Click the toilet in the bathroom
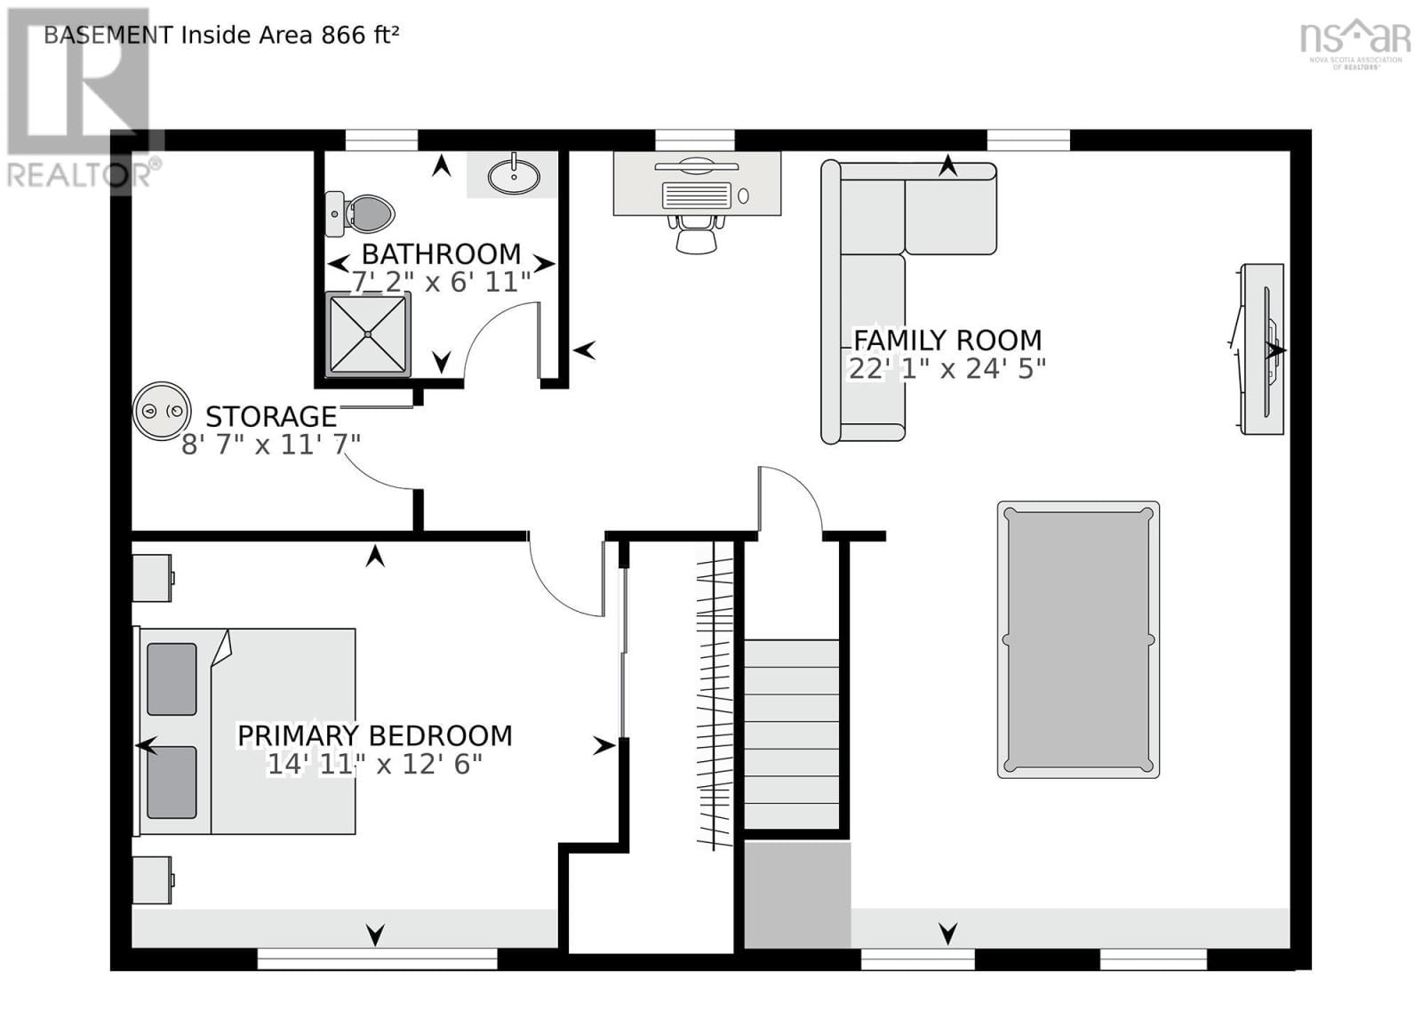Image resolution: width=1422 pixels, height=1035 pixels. (x=362, y=214)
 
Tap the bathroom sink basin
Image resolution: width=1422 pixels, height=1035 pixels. (x=514, y=176)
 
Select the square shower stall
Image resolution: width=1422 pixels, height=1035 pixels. (x=368, y=333)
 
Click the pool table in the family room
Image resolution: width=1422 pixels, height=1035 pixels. (x=1078, y=639)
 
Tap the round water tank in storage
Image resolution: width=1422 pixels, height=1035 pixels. (x=162, y=411)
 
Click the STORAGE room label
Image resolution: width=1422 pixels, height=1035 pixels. (x=271, y=416)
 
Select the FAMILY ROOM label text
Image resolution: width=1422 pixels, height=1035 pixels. (x=947, y=340)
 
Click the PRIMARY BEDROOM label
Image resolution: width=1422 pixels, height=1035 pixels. (x=374, y=735)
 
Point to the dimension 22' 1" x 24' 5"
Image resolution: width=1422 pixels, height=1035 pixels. (x=947, y=368)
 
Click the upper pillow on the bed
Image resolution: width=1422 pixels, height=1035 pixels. (x=172, y=679)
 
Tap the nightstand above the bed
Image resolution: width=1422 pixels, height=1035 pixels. (x=152, y=578)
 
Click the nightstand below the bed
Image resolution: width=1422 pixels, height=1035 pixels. (x=152, y=879)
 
